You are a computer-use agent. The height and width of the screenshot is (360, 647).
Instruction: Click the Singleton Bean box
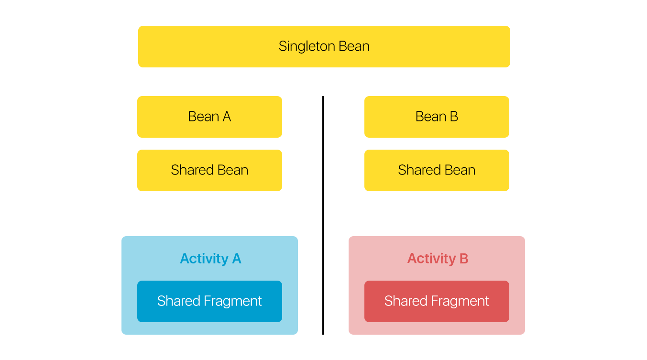tap(324, 46)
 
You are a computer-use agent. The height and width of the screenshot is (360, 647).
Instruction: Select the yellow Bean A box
tap(210, 117)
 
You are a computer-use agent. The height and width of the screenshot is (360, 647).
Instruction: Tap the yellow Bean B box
tap(437, 117)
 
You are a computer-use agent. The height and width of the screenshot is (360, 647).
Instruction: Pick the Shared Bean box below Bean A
tap(210, 170)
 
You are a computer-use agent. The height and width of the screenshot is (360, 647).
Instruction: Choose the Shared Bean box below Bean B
tap(437, 170)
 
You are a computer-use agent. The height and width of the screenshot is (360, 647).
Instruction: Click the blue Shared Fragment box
tap(210, 301)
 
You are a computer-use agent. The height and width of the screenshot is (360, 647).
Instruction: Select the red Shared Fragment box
tap(437, 301)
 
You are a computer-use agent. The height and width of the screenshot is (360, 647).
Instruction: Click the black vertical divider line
tap(323, 215)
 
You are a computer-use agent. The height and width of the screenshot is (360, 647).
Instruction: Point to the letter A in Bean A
tap(227, 117)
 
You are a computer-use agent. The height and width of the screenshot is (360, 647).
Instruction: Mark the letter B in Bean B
tap(454, 117)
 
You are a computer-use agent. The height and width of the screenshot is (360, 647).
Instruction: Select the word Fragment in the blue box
tap(233, 302)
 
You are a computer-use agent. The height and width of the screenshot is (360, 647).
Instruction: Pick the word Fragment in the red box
tap(460, 302)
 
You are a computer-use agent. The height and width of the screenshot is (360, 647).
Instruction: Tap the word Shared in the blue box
tap(179, 301)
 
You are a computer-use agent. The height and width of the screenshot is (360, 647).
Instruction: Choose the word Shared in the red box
tap(406, 301)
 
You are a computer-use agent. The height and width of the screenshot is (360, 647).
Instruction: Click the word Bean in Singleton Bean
tap(354, 46)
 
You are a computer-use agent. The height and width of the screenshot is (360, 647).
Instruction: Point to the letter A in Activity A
tap(237, 258)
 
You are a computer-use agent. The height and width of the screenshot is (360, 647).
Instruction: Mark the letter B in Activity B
tap(464, 258)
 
